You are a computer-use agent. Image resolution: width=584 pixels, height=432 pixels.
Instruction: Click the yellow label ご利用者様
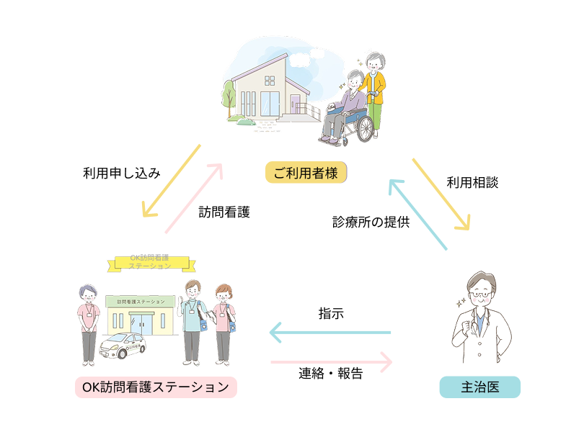tap(306, 173)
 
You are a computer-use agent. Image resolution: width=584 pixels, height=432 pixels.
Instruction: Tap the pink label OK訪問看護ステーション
tap(156, 387)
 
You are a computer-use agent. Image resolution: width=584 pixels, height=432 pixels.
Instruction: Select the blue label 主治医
tap(479, 387)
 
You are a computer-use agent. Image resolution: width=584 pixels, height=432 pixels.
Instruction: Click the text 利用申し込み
tap(121, 173)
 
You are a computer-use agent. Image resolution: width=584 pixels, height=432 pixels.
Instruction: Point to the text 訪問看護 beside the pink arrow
tap(224, 212)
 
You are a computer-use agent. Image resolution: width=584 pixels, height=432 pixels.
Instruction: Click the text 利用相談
tap(472, 183)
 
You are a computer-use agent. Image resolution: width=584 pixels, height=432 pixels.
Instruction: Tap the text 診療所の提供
tap(371, 222)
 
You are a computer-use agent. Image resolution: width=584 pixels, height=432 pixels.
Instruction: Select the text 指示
tap(331, 314)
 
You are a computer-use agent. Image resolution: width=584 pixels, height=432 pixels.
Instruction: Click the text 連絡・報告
tap(331, 374)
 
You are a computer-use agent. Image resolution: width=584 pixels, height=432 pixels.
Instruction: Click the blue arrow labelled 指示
tap(330, 333)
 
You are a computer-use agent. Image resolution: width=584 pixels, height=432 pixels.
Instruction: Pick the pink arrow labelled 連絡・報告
tap(331, 360)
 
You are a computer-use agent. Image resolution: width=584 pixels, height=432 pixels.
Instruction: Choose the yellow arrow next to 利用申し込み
tap(171, 180)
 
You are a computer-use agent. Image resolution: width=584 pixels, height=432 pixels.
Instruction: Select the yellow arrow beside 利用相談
tap(441, 193)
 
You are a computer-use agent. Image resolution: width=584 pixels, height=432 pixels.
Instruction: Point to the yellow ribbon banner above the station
tap(149, 264)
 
